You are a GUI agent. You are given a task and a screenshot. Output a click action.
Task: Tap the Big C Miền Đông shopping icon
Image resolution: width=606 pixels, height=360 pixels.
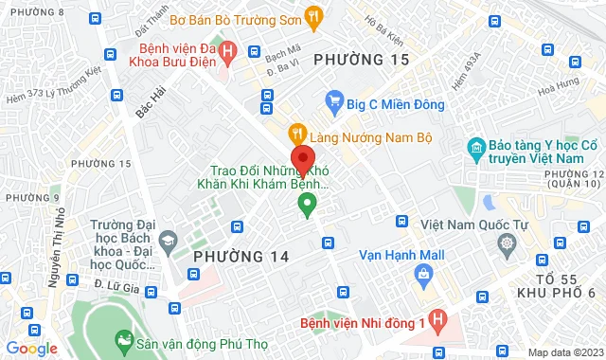point(332,99)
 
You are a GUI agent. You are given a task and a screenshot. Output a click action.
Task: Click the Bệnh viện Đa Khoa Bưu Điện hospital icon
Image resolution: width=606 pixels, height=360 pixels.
point(227,51)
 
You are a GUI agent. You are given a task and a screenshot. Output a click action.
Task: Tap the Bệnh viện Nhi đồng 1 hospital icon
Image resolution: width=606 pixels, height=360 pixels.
point(437,322)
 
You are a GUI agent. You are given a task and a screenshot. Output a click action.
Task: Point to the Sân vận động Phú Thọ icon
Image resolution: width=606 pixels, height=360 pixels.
point(123,338)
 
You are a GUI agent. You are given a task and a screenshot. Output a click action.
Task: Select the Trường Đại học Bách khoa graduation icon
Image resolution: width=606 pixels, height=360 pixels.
point(168,240)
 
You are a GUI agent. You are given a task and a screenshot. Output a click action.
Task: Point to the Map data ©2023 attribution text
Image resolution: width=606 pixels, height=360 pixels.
point(564,352)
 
